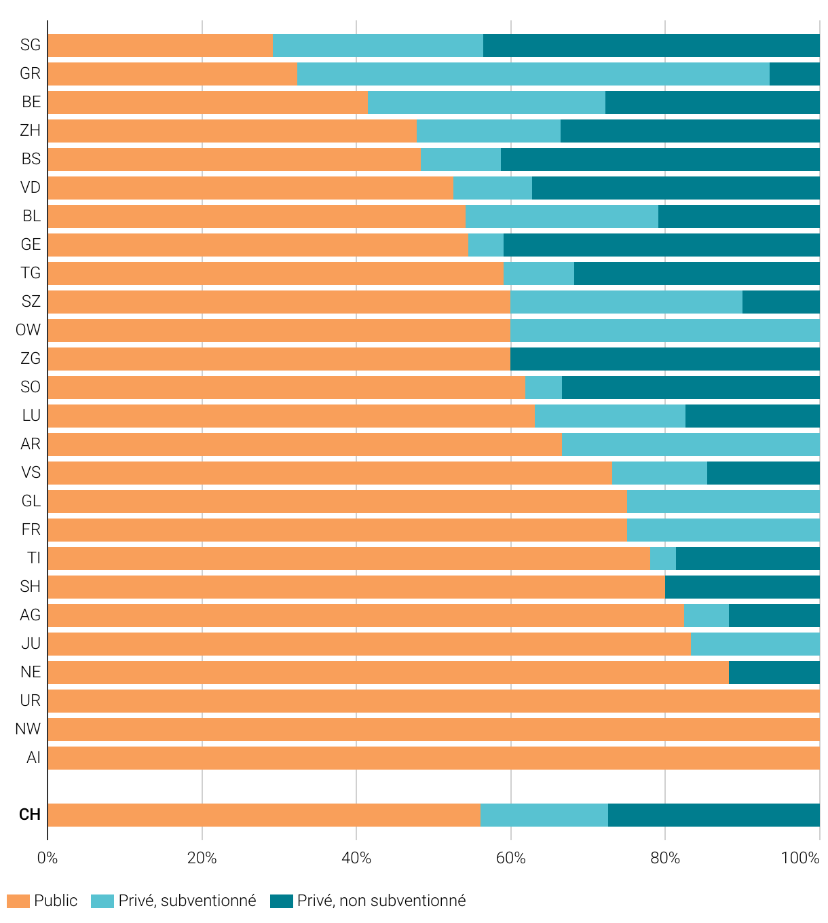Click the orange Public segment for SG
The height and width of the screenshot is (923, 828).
point(160,45)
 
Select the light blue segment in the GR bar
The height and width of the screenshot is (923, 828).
point(533,74)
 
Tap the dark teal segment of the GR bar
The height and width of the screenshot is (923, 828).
point(794,74)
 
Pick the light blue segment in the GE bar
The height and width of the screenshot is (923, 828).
point(485,245)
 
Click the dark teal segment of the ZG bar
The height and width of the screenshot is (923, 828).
point(664,359)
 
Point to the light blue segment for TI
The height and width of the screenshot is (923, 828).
point(662,559)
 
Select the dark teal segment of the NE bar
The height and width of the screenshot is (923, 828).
point(774,673)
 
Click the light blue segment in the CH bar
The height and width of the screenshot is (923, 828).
point(544,815)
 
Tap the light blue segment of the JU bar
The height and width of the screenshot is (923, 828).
point(755,644)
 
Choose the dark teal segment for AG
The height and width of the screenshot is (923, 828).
point(774,616)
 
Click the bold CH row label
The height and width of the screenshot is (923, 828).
point(30,815)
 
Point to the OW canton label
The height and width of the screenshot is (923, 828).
point(29,331)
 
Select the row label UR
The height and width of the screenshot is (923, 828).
point(31,701)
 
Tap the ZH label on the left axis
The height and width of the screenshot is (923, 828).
point(31,131)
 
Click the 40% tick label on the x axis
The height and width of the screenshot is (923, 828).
point(356,859)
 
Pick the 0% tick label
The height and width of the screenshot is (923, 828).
point(48,859)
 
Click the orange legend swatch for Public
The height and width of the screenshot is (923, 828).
point(18,901)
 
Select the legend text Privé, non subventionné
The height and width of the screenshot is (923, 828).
point(381,901)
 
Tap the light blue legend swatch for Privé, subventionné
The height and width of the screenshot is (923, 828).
point(102,901)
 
